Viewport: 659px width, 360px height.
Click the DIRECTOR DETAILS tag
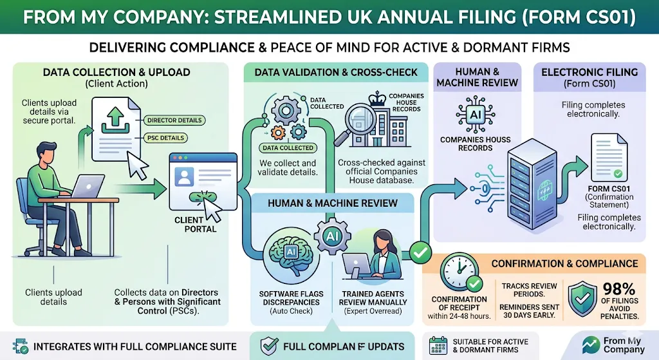tap(174, 120)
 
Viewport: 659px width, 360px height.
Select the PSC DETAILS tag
tap(165, 138)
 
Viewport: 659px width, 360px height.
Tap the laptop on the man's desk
tap(87, 187)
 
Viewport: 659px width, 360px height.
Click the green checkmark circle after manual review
tap(420, 252)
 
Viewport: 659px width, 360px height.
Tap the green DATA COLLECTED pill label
tap(288, 148)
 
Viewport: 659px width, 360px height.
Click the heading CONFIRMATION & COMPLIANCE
tap(564, 263)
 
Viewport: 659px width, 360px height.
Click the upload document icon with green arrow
tap(116, 128)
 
